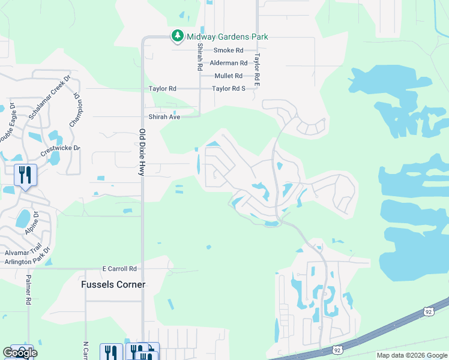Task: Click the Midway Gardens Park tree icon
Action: pos(177,37)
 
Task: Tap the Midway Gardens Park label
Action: pos(227,37)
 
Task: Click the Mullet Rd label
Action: pos(228,76)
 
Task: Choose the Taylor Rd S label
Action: pos(229,89)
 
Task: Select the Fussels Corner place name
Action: pos(113,284)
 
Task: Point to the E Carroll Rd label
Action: pos(119,269)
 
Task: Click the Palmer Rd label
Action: pos(28,290)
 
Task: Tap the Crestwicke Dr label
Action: pos(60,148)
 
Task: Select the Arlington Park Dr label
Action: pos(25,262)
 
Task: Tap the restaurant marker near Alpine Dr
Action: pos(25,175)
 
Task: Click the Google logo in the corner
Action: pos(19,353)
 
